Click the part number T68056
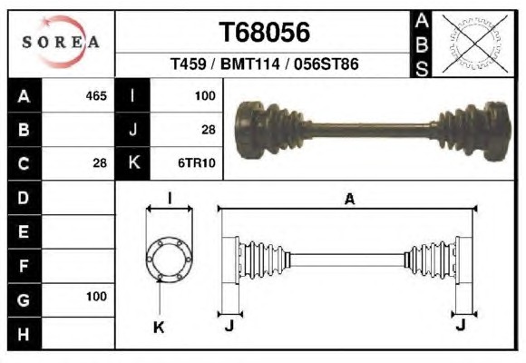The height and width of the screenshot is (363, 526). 264,33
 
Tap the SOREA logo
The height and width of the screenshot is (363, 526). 61,42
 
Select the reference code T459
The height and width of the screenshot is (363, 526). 189,64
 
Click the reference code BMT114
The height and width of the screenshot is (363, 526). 249,64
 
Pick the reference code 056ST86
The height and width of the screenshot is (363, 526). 326,64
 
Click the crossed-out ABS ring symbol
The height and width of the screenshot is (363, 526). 474,44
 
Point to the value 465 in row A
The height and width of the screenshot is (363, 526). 96,96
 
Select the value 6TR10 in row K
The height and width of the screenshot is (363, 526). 197,163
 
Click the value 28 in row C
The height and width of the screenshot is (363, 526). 100,163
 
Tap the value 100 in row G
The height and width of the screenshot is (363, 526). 97,297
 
